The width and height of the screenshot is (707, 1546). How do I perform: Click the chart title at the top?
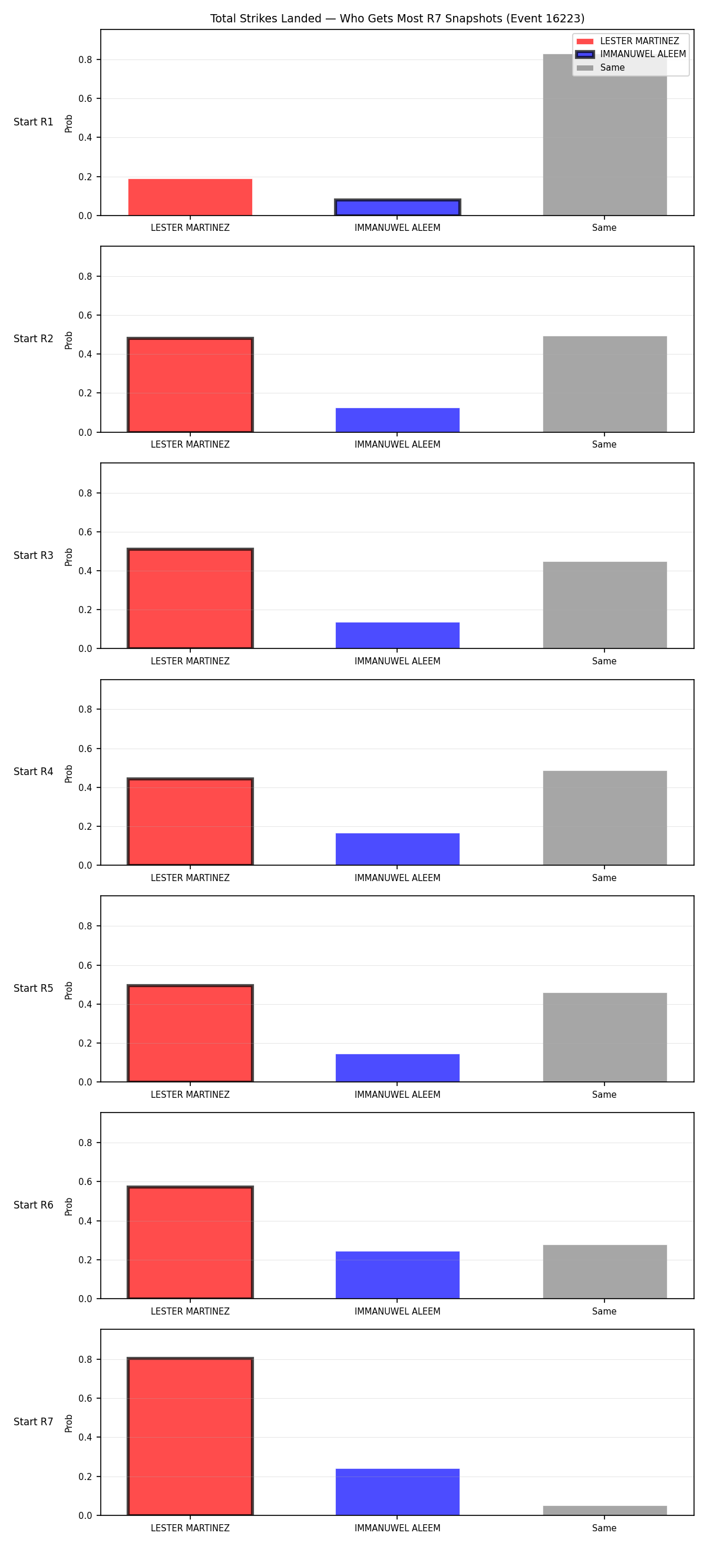pos(397,19)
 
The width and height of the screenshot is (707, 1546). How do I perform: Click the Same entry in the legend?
pos(612,68)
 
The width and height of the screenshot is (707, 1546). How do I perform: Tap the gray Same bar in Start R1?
pos(605,134)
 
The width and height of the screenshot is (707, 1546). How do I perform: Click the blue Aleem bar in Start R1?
pos(397,207)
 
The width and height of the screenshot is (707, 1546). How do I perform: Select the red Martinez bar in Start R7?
pos(190,1436)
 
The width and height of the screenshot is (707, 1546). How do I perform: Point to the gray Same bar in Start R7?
pos(605,1510)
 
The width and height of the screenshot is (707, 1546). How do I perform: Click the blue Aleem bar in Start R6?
pos(397,1274)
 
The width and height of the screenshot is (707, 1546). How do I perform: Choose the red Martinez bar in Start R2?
pos(190,385)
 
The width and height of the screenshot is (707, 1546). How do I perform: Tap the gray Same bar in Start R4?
pos(605,817)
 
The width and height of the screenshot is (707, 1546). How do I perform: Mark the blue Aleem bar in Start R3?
pos(397,635)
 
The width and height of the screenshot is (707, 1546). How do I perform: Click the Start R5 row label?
pos(34,988)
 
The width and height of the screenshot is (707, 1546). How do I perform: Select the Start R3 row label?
pos(34,555)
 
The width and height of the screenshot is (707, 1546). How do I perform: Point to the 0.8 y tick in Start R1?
pos(85,59)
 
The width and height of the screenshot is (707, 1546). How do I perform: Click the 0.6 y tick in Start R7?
pos(85,1398)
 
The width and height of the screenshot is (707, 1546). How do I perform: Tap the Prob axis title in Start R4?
pos(68,774)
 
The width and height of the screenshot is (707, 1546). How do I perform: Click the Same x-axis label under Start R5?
pos(604,1095)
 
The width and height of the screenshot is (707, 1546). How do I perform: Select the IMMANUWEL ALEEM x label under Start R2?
pos(397,445)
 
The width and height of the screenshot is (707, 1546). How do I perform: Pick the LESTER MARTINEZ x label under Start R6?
pos(190,1312)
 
